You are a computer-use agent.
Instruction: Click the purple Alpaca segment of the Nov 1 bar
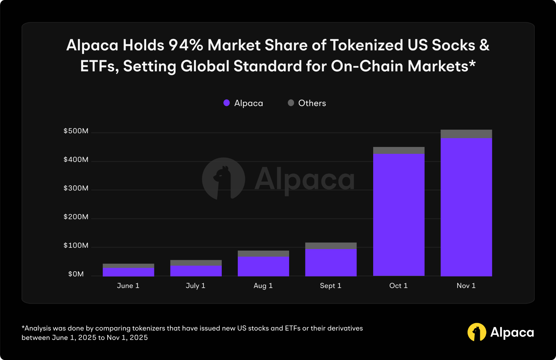466,207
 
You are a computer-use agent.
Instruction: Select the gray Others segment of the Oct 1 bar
399,150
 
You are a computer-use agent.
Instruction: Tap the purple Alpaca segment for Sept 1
331,262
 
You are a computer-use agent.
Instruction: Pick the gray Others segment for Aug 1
263,254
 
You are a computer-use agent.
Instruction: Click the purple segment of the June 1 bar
128,272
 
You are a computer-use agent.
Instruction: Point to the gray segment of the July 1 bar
196,263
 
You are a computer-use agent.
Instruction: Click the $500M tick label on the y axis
76,131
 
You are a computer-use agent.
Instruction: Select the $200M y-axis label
76,217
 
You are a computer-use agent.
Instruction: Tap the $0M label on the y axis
76,274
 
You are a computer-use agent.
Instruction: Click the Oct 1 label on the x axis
398,286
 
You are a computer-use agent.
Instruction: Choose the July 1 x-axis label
196,286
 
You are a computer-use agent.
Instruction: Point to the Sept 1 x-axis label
330,286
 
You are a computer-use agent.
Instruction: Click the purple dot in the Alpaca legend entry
227,103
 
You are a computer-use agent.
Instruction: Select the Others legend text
312,103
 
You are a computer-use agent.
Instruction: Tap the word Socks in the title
453,45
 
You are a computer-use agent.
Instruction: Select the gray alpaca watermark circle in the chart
223,179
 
